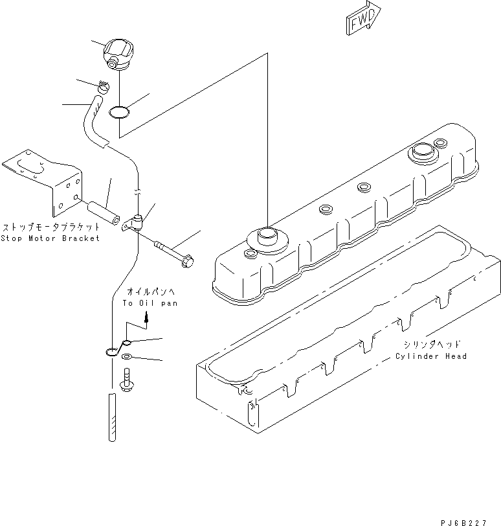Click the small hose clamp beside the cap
pos(104,86)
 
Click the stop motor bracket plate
pos(49,181)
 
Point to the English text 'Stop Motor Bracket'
pos(51,238)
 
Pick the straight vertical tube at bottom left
pos(112,418)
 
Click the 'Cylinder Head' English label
pos(432,356)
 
